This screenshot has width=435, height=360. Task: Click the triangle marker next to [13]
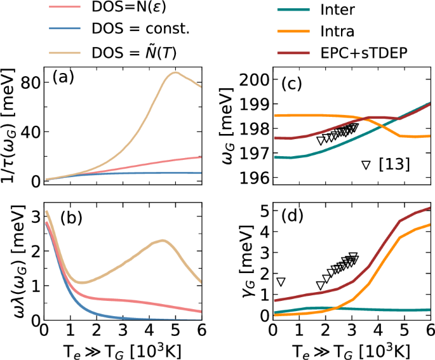[x=365, y=165]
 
